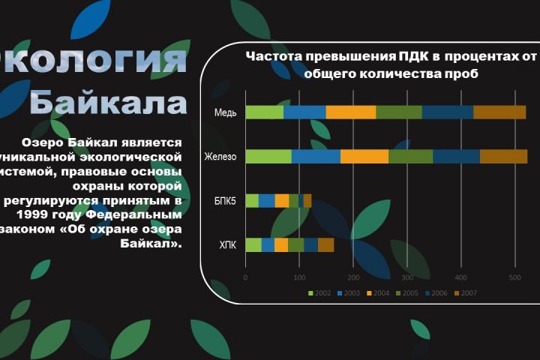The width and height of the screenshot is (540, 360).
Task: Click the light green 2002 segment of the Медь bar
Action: (264, 112)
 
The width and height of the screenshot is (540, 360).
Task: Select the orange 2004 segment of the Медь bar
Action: (351, 112)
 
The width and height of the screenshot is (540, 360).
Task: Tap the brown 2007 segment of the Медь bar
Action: (499, 112)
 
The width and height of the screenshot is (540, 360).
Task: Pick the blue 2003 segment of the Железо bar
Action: (316, 157)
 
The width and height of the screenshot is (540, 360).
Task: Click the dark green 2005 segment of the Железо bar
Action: (410, 157)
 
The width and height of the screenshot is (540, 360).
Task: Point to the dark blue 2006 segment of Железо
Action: (456, 157)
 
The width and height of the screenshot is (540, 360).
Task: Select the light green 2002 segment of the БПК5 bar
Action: (252, 200)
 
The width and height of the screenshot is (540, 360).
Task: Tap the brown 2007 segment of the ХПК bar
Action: (325, 244)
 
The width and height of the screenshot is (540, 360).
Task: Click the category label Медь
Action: (226, 113)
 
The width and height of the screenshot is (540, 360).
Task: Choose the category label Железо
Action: (221, 157)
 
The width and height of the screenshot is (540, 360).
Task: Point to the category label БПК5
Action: (225, 201)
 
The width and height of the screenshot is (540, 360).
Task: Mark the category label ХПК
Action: (228, 244)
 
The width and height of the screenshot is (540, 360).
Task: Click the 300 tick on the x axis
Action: (406, 277)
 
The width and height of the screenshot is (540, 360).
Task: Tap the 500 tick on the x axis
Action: (514, 277)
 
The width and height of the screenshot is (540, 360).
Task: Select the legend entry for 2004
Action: (378, 292)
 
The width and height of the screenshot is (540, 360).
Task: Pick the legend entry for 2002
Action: (320, 292)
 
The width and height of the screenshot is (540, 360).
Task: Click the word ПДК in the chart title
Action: (418, 57)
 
